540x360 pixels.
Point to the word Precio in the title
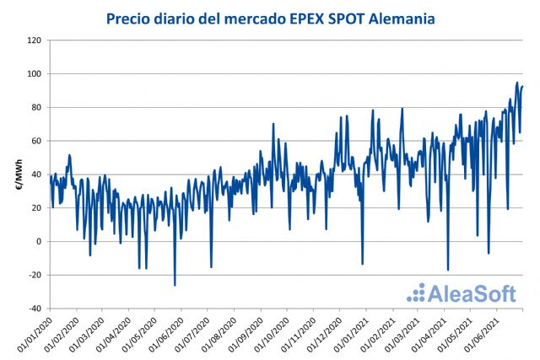[128, 18]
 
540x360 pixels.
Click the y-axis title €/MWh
[19, 175]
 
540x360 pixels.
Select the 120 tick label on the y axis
[35, 40]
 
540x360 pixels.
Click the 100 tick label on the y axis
[35, 74]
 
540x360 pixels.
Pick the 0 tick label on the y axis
[39, 242]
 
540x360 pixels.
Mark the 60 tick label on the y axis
[36, 141]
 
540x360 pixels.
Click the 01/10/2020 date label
[272, 335]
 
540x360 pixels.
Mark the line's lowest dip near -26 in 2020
[175, 285]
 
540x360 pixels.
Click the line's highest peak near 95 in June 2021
[516, 83]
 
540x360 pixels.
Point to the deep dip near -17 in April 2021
[447, 270]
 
